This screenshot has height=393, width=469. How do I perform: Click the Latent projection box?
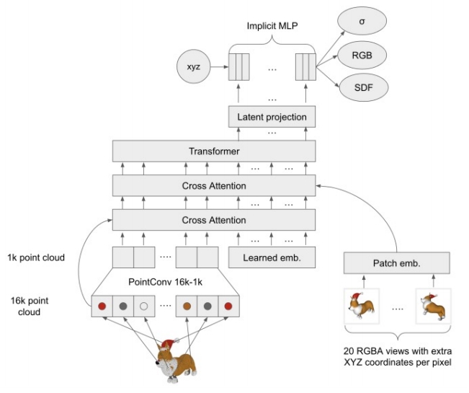pos(272,117)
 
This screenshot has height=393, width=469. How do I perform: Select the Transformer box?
pos(214,151)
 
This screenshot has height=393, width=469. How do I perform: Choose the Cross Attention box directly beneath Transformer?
pos(214,186)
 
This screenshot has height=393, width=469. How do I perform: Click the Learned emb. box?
pos(272,257)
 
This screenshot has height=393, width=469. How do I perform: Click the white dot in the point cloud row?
pos(143,306)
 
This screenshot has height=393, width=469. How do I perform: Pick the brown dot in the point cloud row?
pos(187,306)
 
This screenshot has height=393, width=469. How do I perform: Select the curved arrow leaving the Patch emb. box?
pos(375,216)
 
